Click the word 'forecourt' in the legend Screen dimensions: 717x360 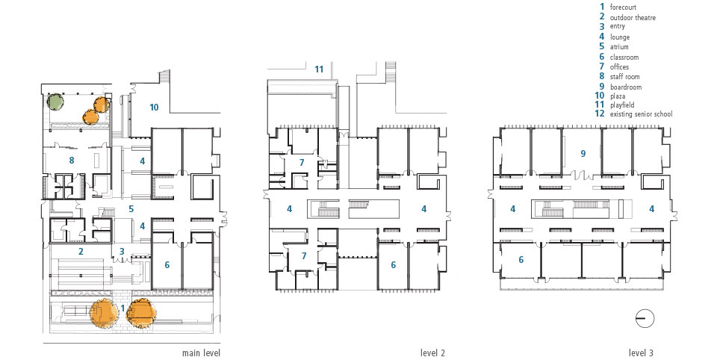(x=623, y=7)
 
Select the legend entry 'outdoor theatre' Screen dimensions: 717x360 (x=633, y=17)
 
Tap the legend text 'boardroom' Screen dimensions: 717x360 (x=626, y=87)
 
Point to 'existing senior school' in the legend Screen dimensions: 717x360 (x=641, y=114)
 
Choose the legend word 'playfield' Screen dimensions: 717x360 (x=622, y=105)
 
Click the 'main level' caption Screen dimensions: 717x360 (x=201, y=353)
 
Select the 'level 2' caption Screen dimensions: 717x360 (x=432, y=353)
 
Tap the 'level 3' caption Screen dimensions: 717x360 (x=641, y=353)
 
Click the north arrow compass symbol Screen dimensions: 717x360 (x=645, y=319)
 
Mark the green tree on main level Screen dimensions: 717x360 (x=56, y=101)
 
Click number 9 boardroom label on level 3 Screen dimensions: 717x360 (x=583, y=154)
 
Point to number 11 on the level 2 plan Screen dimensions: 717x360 (x=319, y=69)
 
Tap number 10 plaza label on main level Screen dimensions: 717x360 (x=154, y=107)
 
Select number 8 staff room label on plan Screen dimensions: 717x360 (x=72, y=160)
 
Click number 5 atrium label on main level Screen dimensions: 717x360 (x=131, y=209)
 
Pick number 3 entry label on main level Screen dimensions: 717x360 (x=122, y=251)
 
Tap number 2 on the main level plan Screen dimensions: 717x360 (x=81, y=251)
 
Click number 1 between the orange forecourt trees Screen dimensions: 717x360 (x=122, y=308)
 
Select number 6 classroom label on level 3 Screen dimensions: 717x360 (x=521, y=260)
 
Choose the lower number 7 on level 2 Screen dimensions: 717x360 (x=304, y=256)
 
